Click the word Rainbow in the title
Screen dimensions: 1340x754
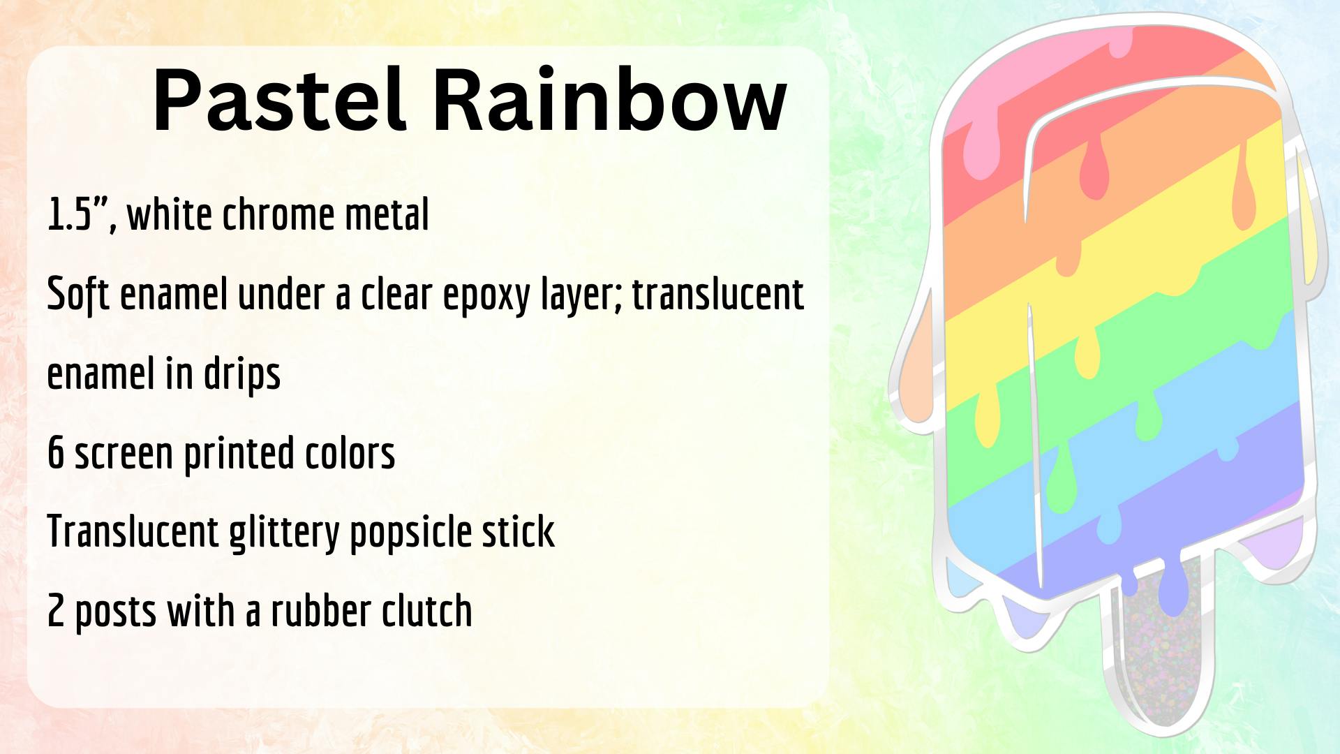tap(610, 99)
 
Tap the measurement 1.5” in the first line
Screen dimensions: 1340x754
tap(81, 214)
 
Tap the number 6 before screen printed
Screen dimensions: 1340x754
tap(56, 453)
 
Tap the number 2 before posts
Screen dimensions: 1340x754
tap(56, 612)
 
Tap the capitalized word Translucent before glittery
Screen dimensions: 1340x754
tap(133, 532)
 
